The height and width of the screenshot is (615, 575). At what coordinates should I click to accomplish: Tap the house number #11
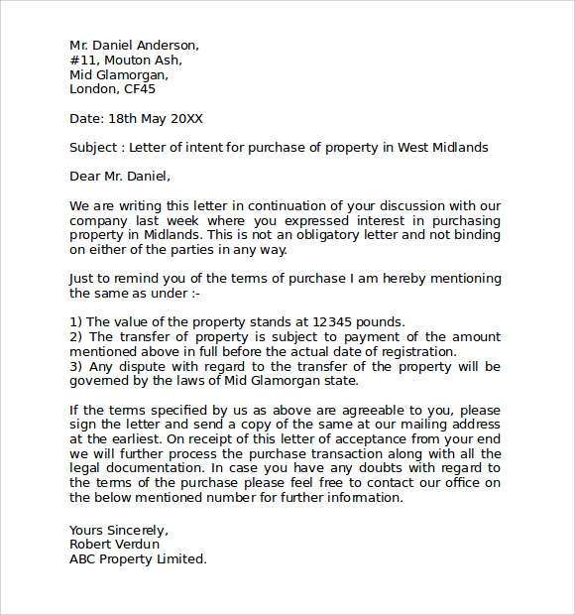coord(80,60)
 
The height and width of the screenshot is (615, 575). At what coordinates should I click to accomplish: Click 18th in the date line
coord(122,118)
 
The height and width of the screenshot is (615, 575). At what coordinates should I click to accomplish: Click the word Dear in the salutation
coord(85,177)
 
